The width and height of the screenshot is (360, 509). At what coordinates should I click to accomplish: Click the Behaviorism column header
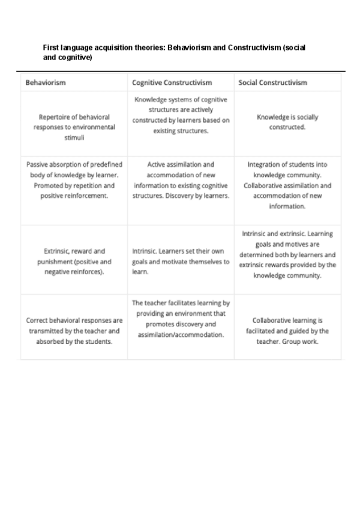[46, 82]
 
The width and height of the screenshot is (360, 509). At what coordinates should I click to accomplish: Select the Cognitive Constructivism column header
[172, 82]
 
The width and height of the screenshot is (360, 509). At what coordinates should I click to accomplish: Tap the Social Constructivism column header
[272, 82]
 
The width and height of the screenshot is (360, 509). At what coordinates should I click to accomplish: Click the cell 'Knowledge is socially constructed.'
[287, 122]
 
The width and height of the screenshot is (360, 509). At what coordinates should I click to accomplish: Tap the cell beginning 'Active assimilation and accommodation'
[181, 179]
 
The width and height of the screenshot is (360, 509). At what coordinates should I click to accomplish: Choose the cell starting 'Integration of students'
[287, 184]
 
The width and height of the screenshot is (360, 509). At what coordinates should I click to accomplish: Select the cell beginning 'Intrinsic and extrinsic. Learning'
[287, 255]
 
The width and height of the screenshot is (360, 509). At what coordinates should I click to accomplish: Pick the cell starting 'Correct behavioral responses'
[74, 331]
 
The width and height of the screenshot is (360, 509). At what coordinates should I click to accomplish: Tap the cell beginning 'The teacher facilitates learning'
[181, 319]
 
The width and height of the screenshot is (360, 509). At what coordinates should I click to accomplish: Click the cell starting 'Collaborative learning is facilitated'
[287, 331]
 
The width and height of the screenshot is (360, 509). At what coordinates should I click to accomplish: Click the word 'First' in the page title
[50, 47]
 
